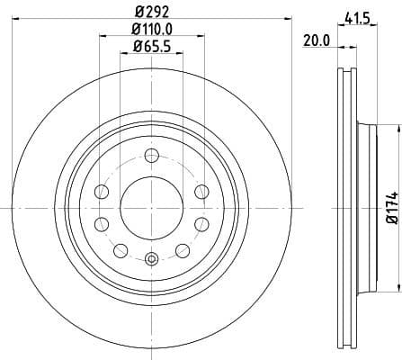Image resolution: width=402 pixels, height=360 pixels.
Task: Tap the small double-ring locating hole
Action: pos(151,260)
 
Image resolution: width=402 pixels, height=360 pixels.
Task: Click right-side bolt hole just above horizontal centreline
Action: pos(201,192)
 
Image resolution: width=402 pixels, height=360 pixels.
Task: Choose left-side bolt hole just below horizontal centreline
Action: pos(102,224)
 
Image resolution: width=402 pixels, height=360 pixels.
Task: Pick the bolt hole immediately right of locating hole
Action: pos(182,249)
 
